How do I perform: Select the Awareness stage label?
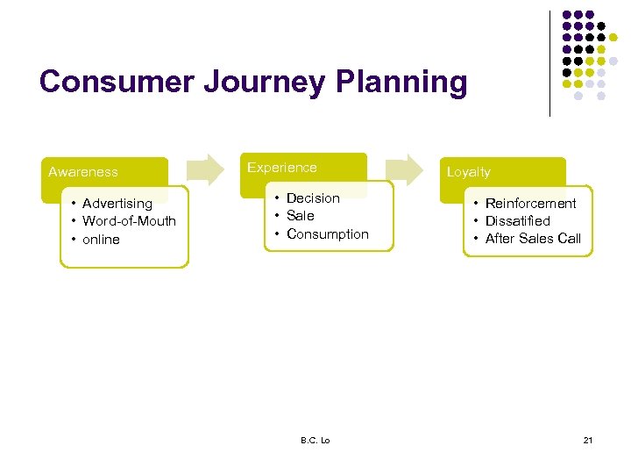(x=83, y=172)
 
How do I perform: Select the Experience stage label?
(x=282, y=167)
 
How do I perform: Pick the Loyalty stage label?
(x=469, y=172)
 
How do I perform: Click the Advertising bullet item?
(x=117, y=204)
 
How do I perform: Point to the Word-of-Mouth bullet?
(x=129, y=221)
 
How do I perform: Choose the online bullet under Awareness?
(x=101, y=240)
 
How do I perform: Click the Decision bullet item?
(x=313, y=198)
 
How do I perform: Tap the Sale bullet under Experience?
(x=300, y=216)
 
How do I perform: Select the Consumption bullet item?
(x=327, y=234)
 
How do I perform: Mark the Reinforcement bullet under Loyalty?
(x=530, y=204)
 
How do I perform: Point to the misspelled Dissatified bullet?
(x=517, y=221)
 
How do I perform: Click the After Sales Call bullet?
(x=532, y=239)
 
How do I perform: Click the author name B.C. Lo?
(x=315, y=440)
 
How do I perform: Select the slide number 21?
(x=587, y=440)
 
